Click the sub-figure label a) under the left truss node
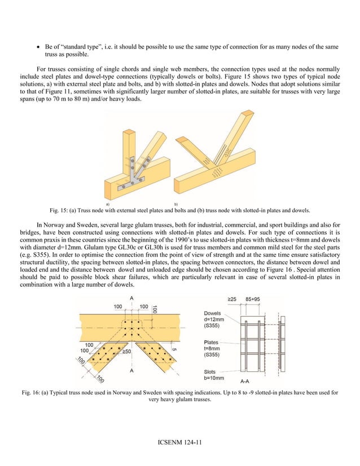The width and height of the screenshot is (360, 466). pos(108,201)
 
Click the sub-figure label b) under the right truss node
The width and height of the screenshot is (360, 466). pos(177,201)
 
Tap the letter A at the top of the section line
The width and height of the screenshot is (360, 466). pos(131,297)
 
